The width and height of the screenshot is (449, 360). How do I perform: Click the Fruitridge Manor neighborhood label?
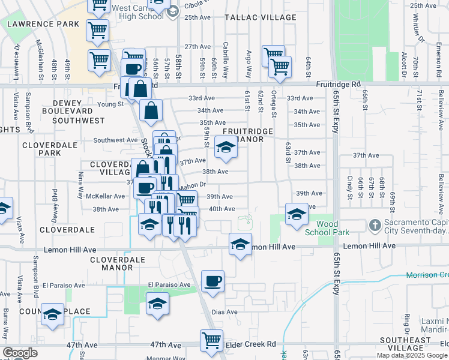tap(249, 136)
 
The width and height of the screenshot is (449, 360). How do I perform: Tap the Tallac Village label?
tap(260, 18)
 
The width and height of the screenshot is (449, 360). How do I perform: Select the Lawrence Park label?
tap(43, 24)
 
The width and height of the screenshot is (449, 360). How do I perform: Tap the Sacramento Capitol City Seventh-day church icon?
tap(375, 226)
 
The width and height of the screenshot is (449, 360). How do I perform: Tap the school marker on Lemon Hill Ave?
tap(240, 244)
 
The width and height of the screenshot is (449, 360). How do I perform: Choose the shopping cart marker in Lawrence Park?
tap(98, 28)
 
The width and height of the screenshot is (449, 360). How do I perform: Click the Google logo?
tap(20, 353)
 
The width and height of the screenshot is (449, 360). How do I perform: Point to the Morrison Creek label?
tap(427, 275)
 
